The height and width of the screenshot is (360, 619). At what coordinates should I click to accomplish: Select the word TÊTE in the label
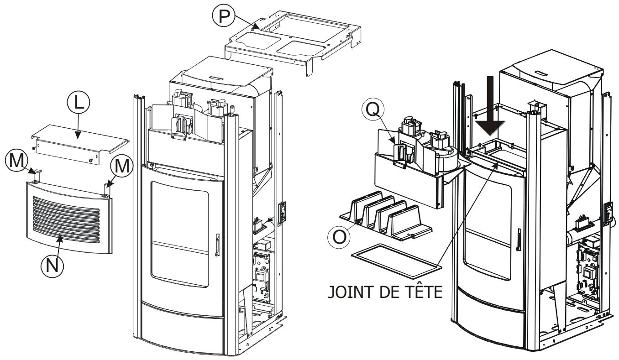point(420,292)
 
